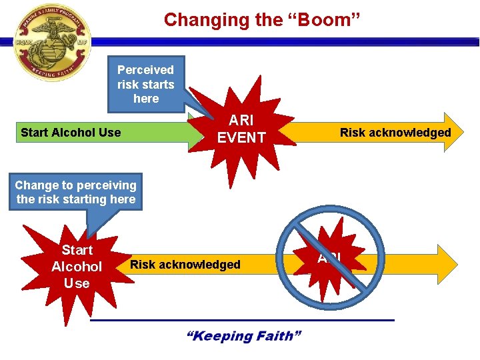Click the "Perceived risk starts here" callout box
(145, 84)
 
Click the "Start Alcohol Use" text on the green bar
(71, 132)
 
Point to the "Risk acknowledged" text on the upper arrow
(395, 132)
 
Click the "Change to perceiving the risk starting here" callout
(75, 192)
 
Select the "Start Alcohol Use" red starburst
(77, 267)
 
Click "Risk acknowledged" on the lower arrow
(185, 265)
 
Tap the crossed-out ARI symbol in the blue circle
(329, 259)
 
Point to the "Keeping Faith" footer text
(243, 335)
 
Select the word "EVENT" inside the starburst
(241, 138)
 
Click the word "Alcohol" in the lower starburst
(77, 267)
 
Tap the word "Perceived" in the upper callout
(145, 70)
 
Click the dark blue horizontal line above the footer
(242, 320)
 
